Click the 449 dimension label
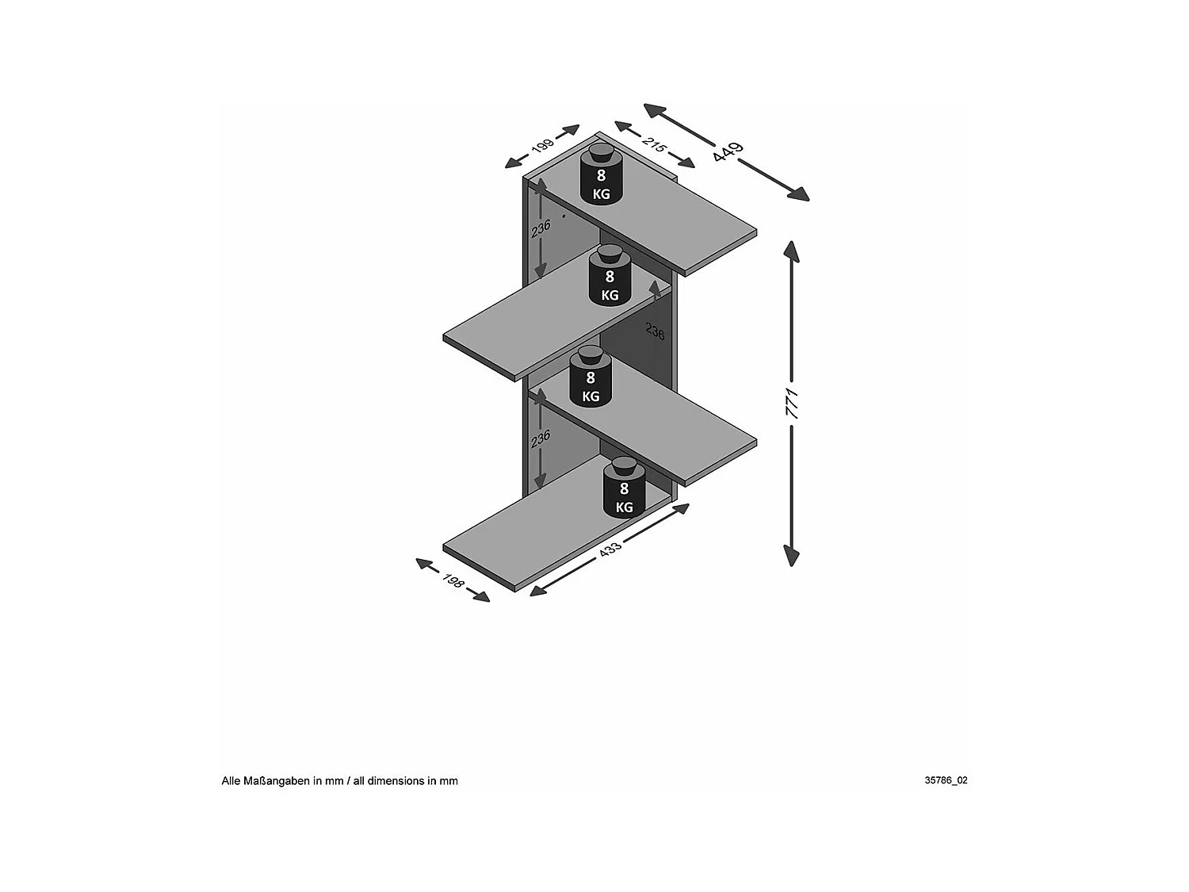coord(728,151)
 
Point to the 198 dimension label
coord(453,580)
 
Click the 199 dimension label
coord(542,147)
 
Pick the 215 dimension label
coord(654,145)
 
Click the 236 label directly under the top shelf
coord(541,228)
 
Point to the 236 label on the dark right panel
coord(655,331)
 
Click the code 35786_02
coord(946,780)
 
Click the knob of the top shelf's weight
coord(600,152)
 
